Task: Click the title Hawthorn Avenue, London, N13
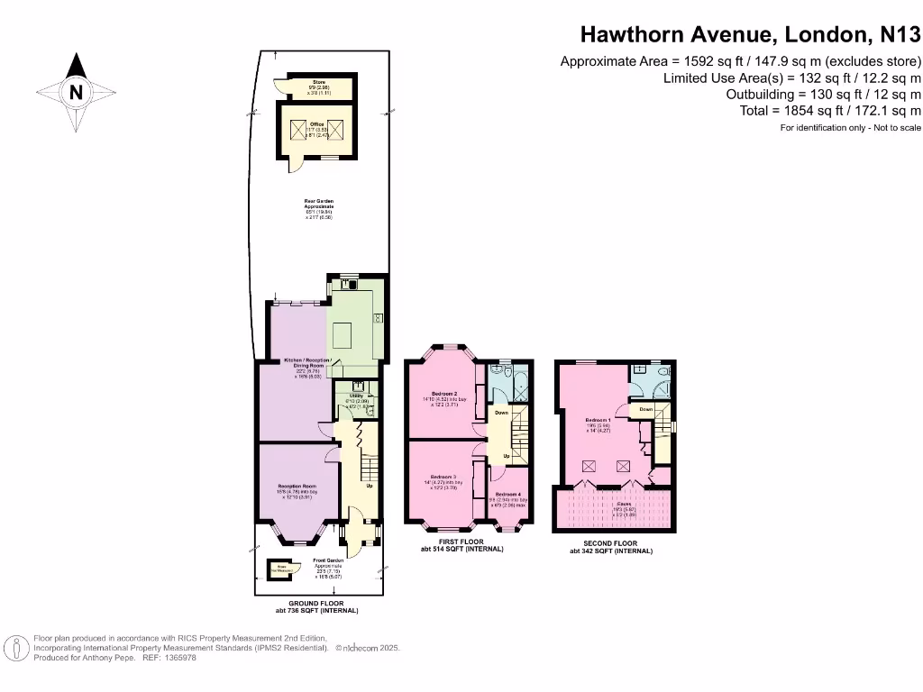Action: click(x=751, y=34)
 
